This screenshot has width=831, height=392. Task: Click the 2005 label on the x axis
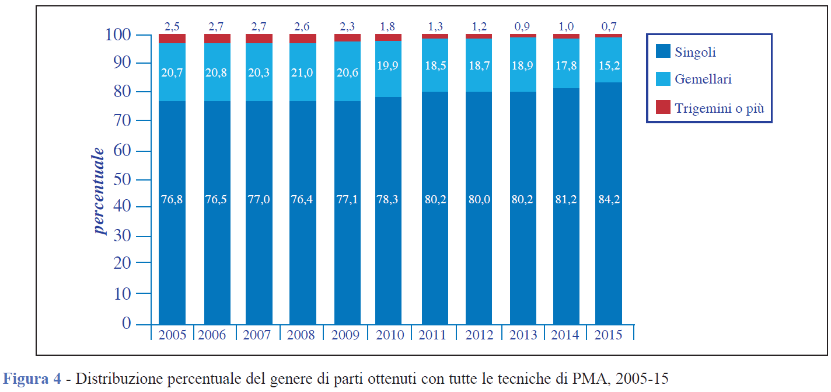coord(172,335)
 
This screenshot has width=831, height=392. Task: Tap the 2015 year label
coord(608,335)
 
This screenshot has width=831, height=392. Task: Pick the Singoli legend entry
coord(694,52)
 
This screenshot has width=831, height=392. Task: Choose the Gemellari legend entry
coord(703,79)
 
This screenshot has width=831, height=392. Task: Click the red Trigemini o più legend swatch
coord(663,107)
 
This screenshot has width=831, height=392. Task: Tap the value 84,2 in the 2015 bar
coord(608,199)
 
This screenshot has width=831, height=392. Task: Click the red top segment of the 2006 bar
coord(217,38)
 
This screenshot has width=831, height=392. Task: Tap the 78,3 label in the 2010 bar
coord(389,199)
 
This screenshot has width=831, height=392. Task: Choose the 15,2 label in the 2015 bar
coord(608,66)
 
